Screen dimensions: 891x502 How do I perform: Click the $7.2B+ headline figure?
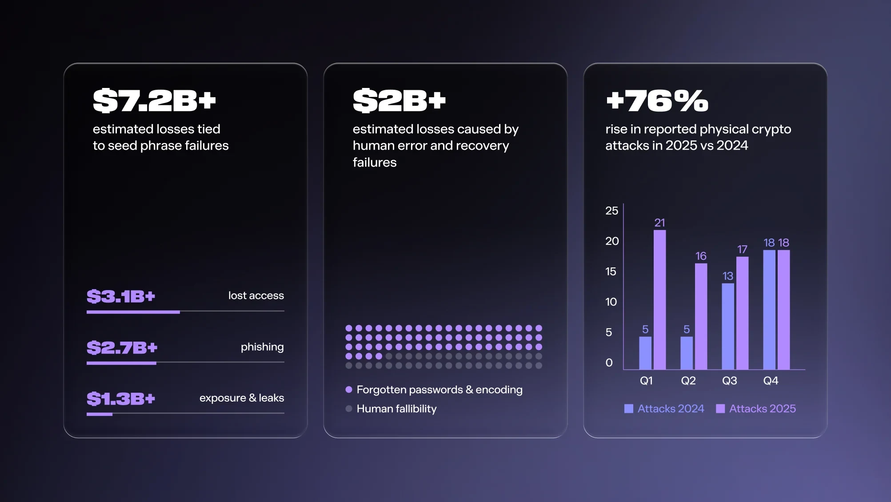[154, 100]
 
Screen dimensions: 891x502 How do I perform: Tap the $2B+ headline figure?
[399, 100]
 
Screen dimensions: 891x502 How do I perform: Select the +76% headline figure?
[657, 100]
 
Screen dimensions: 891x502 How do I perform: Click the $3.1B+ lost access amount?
[121, 296]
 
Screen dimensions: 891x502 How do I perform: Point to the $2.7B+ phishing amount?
[122, 347]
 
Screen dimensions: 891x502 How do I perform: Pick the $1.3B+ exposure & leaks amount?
[121, 398]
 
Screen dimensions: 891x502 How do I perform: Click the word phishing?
[262, 347]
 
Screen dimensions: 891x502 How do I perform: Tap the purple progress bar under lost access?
[133, 312]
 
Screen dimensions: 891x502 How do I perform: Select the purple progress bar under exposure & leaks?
[100, 414]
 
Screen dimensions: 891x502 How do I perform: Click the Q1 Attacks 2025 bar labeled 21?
[660, 299]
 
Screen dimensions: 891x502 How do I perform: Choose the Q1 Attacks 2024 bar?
[645, 353]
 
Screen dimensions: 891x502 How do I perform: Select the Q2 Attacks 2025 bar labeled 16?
[701, 316]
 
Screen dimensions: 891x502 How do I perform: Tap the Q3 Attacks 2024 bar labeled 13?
[728, 326]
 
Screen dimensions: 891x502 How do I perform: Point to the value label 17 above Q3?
[742, 249]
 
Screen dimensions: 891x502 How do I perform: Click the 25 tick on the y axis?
[611, 211]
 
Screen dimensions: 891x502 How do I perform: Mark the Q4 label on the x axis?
[771, 381]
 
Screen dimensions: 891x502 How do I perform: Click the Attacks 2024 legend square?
[629, 409]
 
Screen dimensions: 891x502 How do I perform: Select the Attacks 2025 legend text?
[763, 409]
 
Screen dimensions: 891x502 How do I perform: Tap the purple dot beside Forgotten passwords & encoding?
[349, 390]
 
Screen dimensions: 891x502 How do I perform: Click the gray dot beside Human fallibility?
[349, 409]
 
